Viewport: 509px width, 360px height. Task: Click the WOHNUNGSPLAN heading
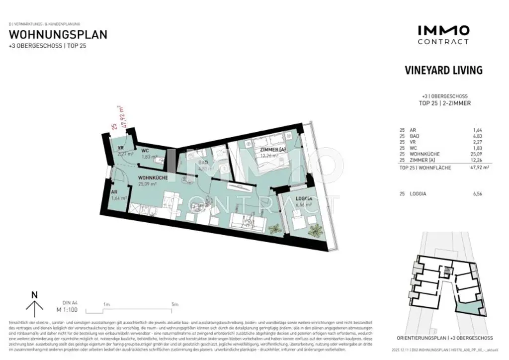tap(58, 35)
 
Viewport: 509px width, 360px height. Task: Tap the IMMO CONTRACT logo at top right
tap(443, 35)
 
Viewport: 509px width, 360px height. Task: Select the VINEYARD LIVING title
tap(444, 70)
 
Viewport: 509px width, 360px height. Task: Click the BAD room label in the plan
tap(203, 162)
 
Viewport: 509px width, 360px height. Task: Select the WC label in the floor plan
tap(145, 150)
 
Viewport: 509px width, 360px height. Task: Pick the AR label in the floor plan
tap(114, 191)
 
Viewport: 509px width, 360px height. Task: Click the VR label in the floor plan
tap(120, 148)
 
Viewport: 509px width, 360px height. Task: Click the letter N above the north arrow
tap(34, 294)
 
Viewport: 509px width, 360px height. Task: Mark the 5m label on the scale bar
tap(174, 304)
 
